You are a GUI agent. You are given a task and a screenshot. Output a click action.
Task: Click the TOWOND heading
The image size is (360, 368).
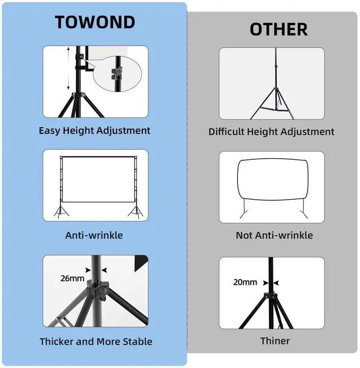click(94, 22)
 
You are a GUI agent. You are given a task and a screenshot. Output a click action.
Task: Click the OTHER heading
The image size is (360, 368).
click(278, 29)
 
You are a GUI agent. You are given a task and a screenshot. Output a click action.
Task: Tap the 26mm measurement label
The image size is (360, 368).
click(72, 278)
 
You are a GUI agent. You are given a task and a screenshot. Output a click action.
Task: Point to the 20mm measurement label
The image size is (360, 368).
click(245, 282)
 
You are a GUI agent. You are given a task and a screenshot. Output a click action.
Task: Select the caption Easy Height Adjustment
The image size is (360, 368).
click(94, 131)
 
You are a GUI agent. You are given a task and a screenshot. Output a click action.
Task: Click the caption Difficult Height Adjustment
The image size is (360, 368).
click(271, 132)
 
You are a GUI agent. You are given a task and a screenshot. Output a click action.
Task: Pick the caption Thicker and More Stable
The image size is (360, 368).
click(96, 342)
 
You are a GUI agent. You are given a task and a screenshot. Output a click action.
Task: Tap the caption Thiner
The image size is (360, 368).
click(275, 341)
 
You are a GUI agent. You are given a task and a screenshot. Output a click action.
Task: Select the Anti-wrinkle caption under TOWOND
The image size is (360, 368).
click(94, 235)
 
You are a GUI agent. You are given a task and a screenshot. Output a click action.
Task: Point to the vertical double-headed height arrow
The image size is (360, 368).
click(69, 69)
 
